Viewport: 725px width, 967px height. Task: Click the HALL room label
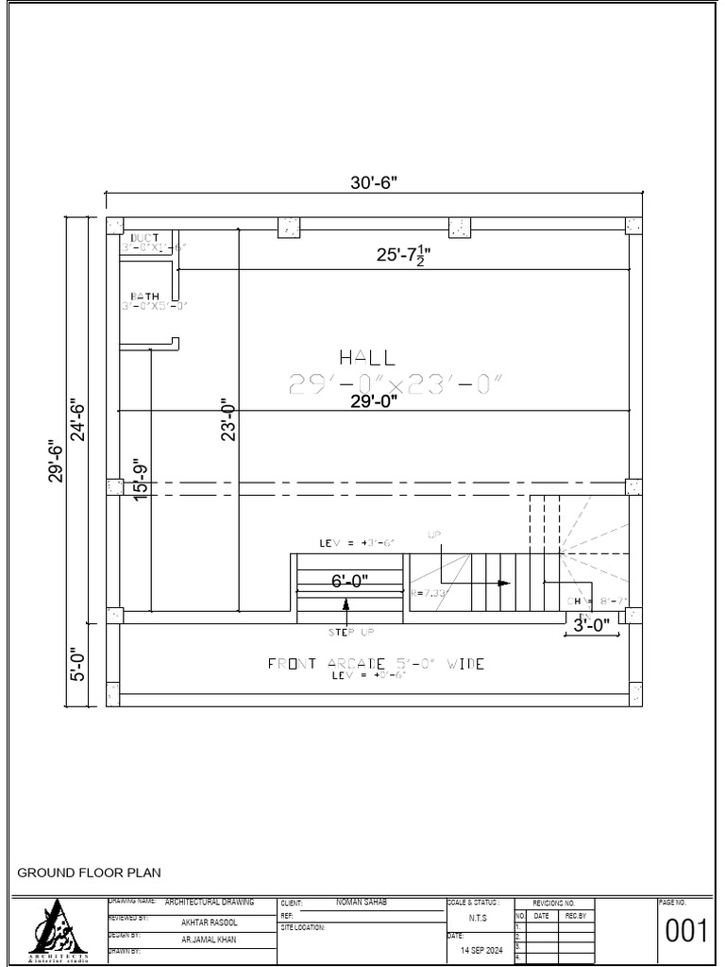pos(367,357)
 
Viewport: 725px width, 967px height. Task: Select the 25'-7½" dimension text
pos(404,255)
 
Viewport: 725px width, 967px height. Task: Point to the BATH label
pos(144,297)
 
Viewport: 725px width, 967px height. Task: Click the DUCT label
pos(144,237)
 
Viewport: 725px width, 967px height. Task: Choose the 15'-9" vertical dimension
pos(142,481)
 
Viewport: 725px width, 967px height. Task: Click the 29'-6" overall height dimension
pos(56,462)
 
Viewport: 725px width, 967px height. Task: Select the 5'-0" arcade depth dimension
pos(77,663)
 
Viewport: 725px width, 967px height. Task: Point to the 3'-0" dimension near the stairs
pos(592,624)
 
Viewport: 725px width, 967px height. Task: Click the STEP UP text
pos(350,632)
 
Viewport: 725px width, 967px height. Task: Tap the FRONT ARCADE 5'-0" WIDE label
pos(376,664)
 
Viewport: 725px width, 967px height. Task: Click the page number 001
pos(686,931)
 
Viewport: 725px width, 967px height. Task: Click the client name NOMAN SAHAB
pos(362,903)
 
